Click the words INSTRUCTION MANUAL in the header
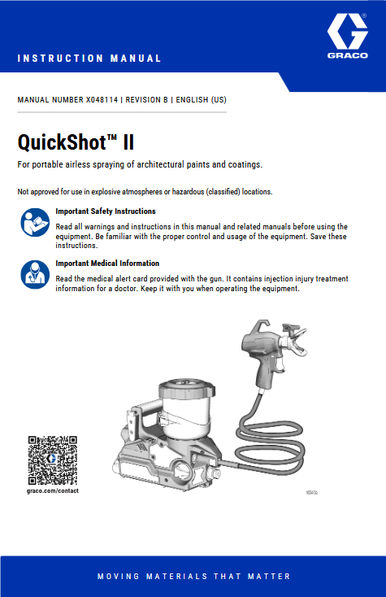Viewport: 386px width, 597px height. [89, 59]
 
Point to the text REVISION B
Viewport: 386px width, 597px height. [146, 100]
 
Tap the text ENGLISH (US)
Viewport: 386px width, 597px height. [201, 100]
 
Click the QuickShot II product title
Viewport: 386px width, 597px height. [76, 143]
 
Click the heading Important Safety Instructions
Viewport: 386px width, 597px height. [106, 211]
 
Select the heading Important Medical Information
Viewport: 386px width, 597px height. [107, 264]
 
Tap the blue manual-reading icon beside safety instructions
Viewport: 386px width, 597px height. [34, 222]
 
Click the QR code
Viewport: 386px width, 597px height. [52, 460]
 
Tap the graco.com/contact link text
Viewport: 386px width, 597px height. [52, 491]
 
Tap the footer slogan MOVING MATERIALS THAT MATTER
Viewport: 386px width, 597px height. [193, 576]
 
